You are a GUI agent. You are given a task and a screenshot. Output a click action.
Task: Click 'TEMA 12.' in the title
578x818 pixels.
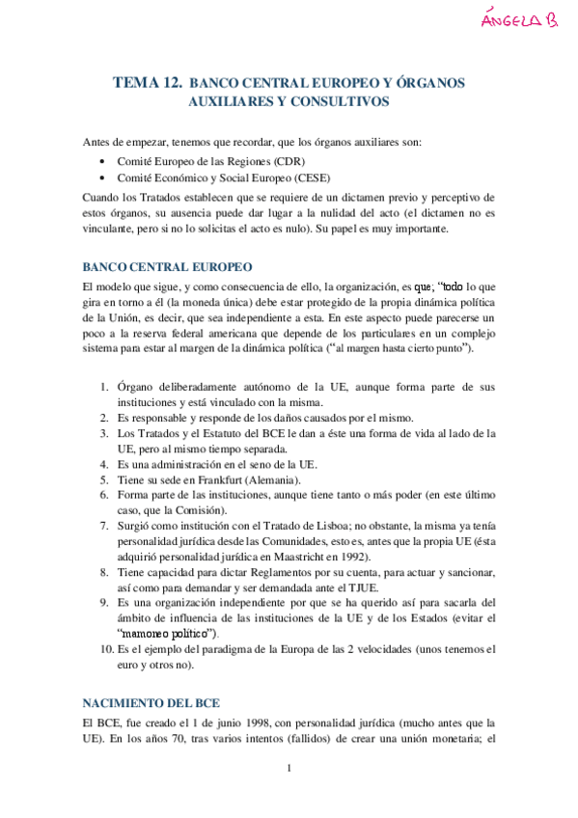148,83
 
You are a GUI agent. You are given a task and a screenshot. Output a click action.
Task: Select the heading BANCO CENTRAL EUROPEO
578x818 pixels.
167,265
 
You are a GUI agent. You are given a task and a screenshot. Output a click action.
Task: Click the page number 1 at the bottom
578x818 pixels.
289,795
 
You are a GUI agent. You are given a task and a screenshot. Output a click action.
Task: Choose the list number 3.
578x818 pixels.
105,433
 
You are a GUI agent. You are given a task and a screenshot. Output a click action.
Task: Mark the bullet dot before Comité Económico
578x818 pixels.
103,179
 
